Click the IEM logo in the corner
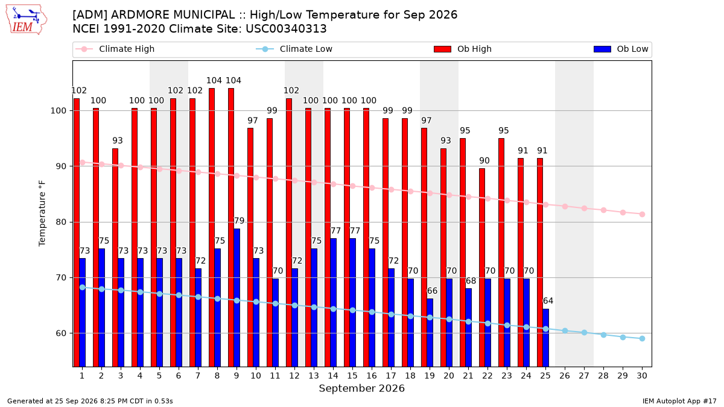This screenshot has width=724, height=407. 26,20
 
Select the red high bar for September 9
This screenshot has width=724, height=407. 231,227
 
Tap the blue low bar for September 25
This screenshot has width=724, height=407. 546,338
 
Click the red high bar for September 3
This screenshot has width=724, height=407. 115,257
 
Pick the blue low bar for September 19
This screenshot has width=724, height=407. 430,333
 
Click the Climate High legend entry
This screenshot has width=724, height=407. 115,49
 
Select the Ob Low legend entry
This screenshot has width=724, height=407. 621,49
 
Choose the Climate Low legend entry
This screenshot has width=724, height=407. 294,49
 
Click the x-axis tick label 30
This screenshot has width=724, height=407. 642,376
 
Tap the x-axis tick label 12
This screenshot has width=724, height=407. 294,376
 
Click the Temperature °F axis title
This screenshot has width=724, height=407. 42,213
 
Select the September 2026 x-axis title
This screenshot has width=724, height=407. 361,388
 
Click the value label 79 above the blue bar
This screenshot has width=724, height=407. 239,221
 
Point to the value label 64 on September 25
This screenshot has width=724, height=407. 548,301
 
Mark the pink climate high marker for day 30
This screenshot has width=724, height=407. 642,215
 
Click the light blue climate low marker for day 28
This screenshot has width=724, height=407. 603,335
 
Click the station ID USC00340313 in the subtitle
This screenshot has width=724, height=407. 286,29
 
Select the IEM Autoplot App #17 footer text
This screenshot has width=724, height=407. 679,401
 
